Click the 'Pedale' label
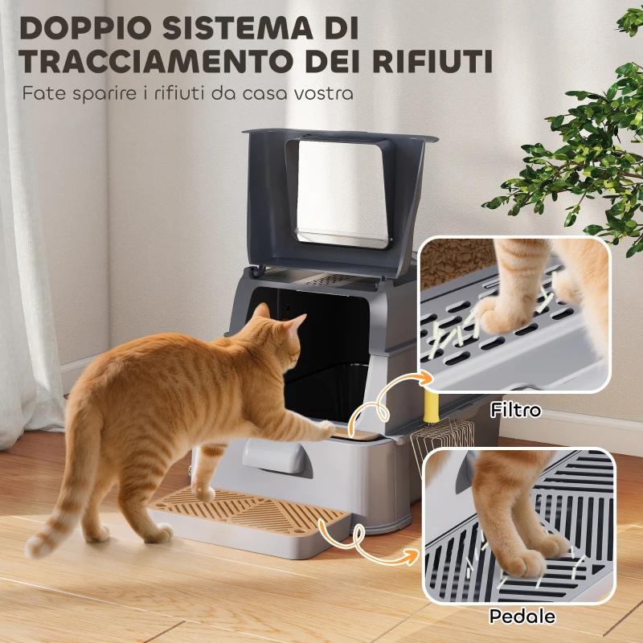coord(522,617)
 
